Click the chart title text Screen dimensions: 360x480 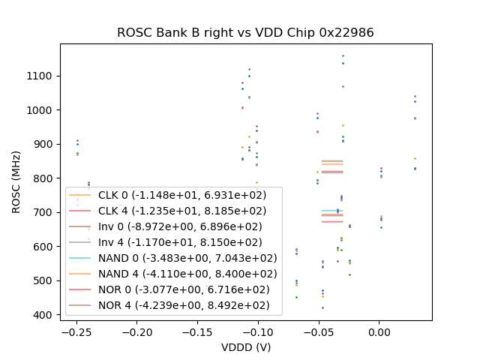[245, 33]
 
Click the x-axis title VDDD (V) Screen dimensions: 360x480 [245, 347]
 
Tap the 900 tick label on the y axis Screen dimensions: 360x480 [43, 145]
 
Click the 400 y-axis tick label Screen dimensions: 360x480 [43, 315]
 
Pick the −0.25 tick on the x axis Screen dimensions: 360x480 [76, 331]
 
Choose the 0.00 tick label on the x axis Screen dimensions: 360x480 [379, 331]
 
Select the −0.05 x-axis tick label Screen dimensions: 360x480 [318, 331]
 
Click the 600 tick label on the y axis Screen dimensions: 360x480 [43, 247]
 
